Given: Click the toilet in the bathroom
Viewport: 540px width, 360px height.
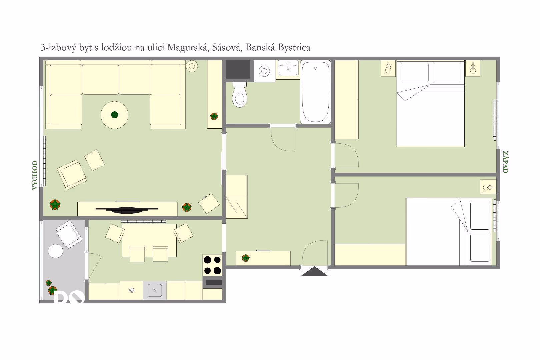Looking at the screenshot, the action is (x=240, y=95).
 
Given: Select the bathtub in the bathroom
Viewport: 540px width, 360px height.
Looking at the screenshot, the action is (x=316, y=92).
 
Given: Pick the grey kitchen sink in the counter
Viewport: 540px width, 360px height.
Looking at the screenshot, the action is (x=155, y=291).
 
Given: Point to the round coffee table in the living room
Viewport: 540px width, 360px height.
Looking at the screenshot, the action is (x=115, y=115).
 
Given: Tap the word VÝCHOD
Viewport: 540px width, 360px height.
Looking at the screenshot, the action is (x=35, y=175).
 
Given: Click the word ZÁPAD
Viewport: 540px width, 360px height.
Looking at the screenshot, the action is (x=505, y=162).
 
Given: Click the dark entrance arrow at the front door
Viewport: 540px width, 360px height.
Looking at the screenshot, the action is (x=314, y=272).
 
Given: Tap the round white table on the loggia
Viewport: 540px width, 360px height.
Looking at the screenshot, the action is (x=55, y=251).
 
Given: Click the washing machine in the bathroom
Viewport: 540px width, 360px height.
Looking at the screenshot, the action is (x=264, y=71).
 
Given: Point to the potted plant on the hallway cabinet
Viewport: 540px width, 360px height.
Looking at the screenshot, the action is (x=246, y=258).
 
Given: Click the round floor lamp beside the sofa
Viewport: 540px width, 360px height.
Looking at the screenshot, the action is (x=192, y=66).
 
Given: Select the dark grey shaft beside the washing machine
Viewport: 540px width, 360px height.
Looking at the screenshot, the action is (x=238, y=69).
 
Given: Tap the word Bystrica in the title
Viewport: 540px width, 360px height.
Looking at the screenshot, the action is (x=294, y=48).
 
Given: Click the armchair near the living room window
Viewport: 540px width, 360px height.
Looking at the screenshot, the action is (x=72, y=175).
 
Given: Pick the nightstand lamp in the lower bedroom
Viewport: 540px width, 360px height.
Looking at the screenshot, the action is (x=488, y=187).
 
